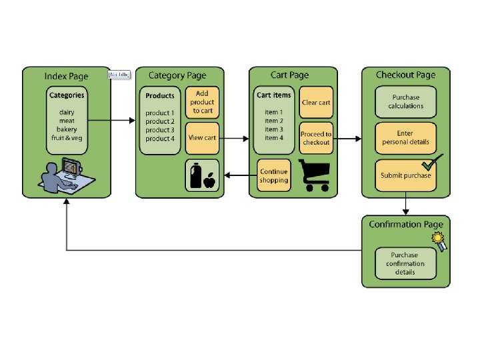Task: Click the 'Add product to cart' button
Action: click(x=202, y=102)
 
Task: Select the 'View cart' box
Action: click(x=202, y=138)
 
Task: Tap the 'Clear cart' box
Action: click(x=315, y=103)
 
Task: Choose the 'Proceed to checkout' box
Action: click(x=315, y=138)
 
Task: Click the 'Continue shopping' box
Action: click(x=274, y=176)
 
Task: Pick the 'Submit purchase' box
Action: click(x=405, y=175)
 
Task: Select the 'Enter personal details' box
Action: click(x=405, y=138)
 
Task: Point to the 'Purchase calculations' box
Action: click(x=405, y=101)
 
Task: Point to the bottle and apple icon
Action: click(x=202, y=175)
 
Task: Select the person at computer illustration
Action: click(x=66, y=174)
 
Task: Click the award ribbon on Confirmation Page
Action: click(x=439, y=241)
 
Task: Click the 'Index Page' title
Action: click(x=65, y=75)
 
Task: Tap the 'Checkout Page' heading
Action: click(x=405, y=75)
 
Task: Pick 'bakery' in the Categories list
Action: click(x=66, y=129)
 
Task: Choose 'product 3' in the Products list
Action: click(x=160, y=130)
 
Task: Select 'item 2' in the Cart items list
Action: click(x=273, y=121)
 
